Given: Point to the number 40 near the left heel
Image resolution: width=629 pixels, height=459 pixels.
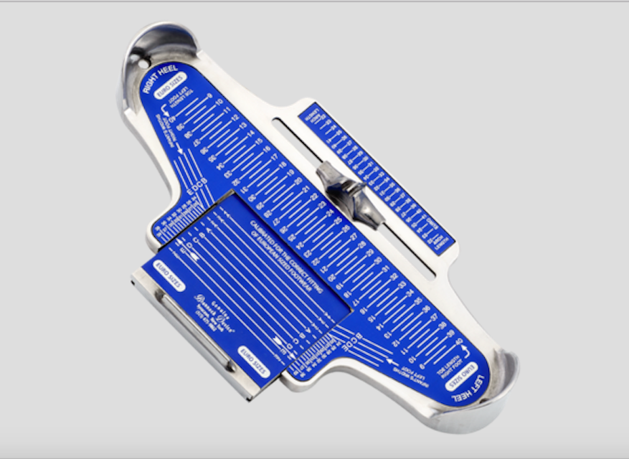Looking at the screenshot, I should click(x=460, y=341).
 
